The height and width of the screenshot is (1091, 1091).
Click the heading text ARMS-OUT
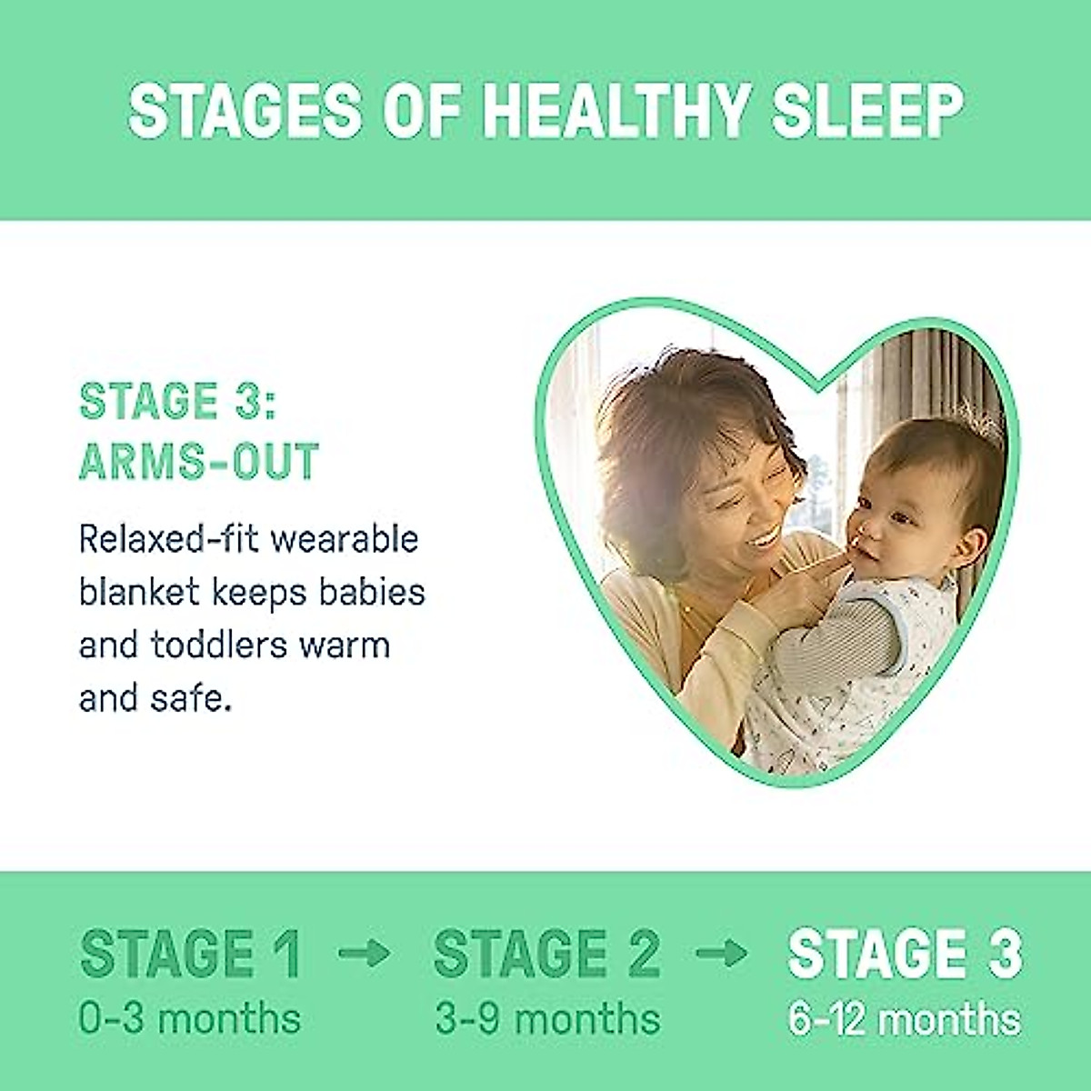[198, 461]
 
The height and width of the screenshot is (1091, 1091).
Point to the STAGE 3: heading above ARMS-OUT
[176, 401]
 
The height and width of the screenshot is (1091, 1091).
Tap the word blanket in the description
[138, 592]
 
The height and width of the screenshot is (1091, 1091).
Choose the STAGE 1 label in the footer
[190, 953]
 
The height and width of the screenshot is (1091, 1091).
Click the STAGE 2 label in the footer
[546, 953]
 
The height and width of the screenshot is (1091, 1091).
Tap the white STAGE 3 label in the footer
[905, 953]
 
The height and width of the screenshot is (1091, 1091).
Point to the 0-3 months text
[189, 1018]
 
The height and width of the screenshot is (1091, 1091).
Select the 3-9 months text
[547, 1018]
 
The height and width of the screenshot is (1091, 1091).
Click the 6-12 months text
[905, 1018]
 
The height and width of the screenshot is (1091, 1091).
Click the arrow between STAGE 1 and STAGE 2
[364, 954]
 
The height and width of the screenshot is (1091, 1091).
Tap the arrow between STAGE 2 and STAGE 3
[721, 954]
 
